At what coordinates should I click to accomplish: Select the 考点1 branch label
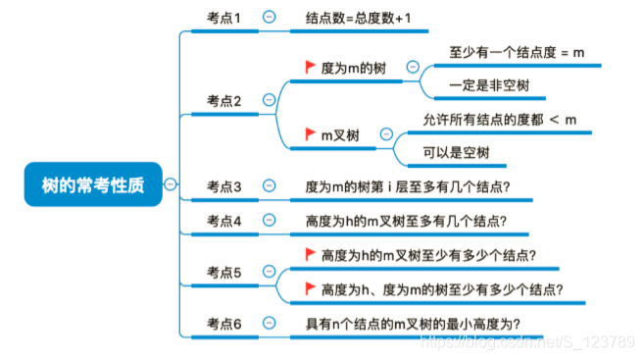coord(223,18)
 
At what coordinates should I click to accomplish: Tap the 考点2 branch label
coord(223,100)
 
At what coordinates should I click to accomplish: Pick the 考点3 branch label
coord(223,186)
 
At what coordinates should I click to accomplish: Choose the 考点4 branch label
coord(223,221)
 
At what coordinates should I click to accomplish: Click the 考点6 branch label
coord(223,324)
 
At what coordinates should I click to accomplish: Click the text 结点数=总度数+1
coord(359,18)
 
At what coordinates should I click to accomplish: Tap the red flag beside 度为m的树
coord(310,68)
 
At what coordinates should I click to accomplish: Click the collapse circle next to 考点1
coord(269,17)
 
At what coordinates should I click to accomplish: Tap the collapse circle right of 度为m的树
coord(412,68)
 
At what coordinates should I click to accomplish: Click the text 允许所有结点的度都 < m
coord(499,120)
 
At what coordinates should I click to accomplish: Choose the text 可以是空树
coord(456,153)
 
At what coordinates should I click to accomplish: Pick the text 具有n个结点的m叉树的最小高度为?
coord(413,324)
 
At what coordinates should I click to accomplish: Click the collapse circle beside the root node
coord(171,183)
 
